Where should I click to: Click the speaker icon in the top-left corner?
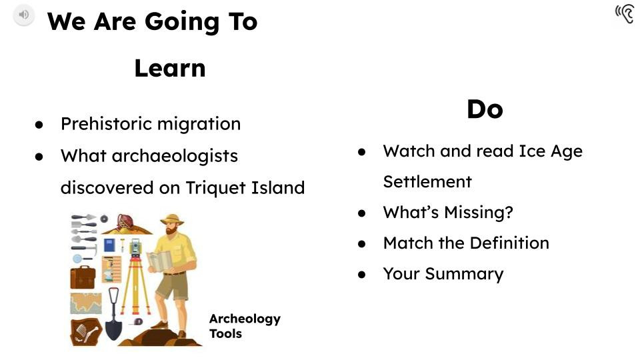23,15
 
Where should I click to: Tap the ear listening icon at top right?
625,13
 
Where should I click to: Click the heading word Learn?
169,68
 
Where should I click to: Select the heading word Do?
484,109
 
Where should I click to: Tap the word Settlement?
427,182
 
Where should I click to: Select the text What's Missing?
447,213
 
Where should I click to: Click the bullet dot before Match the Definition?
362,244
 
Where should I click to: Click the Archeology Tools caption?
244,326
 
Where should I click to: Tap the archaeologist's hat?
172,219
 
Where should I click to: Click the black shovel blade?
112,329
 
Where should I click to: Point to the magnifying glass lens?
77,259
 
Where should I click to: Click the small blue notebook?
109,245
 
